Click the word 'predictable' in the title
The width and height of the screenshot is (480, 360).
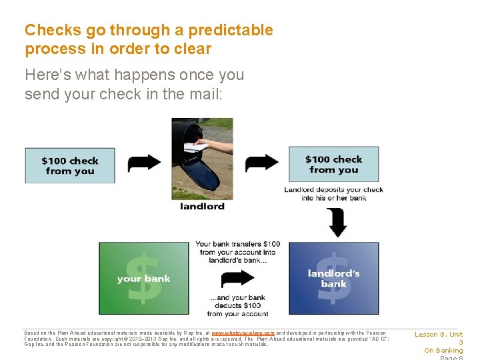(231, 30)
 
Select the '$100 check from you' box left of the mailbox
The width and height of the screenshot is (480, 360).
(70, 165)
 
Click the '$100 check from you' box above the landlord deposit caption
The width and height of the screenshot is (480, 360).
(333, 165)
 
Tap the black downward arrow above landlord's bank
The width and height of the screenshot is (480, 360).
(337, 222)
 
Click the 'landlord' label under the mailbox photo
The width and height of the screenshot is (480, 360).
(202, 206)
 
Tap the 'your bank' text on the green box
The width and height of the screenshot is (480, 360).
(143, 279)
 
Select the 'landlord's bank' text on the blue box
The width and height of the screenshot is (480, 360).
(333, 279)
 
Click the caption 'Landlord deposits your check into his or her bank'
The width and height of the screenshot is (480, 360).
(333, 194)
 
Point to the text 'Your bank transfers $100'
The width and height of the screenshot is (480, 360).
(238, 244)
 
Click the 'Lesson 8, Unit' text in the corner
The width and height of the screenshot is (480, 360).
(439, 335)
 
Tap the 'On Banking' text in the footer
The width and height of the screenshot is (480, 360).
(443, 351)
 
